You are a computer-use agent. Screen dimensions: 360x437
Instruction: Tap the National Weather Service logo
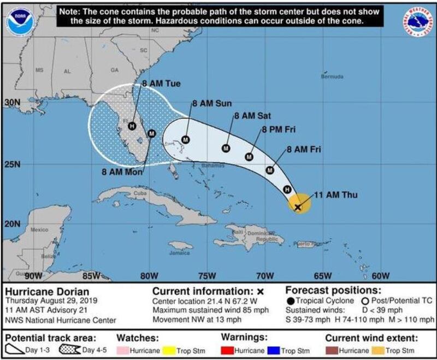[x=418, y=21]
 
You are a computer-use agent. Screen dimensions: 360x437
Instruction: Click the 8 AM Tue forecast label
[x=161, y=84]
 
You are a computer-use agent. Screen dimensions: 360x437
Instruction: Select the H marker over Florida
[x=132, y=126]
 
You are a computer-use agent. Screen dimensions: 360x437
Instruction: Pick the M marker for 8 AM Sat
[x=226, y=148]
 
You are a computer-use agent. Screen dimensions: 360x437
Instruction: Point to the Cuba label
[x=141, y=193]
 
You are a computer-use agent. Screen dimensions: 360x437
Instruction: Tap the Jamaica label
[x=179, y=253]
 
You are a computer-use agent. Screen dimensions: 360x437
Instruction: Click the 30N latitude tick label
[x=11, y=103]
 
